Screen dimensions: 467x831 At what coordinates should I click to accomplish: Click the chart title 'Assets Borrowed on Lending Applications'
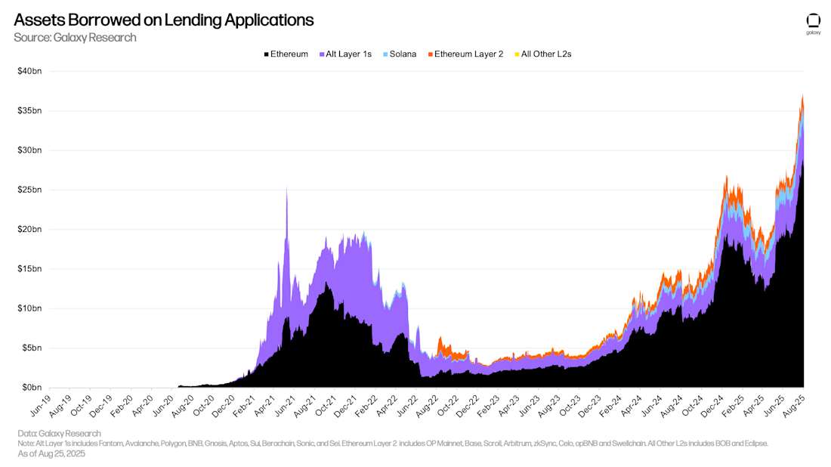coord(163,20)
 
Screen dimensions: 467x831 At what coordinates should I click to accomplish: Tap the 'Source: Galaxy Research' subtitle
coord(75,38)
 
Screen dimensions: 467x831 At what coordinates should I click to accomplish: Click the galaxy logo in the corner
coord(813,23)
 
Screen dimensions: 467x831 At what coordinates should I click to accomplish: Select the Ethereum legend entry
coord(286,54)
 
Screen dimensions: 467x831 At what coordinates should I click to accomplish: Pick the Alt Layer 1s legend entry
coord(345,54)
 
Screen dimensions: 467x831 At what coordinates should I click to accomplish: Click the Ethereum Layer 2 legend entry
coord(465,54)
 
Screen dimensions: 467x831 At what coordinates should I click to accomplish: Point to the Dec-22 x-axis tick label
coord(468,407)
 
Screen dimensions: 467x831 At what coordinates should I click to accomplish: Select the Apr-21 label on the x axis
coord(264,407)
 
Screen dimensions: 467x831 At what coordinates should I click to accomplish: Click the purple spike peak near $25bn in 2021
coord(286,188)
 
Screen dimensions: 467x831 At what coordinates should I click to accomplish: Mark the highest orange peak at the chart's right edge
coord(802,96)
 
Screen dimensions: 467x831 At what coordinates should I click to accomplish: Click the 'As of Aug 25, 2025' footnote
coord(51,454)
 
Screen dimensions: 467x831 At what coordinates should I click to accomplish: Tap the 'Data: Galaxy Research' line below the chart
coord(59,434)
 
